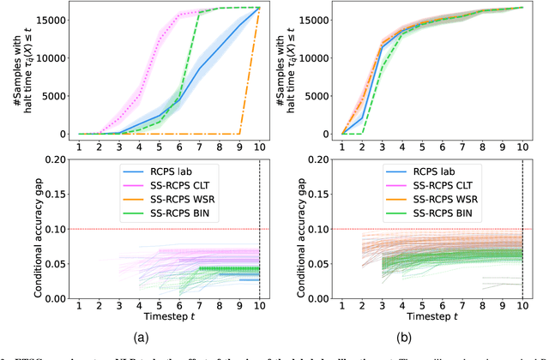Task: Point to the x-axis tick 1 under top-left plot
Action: [x=79, y=147]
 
